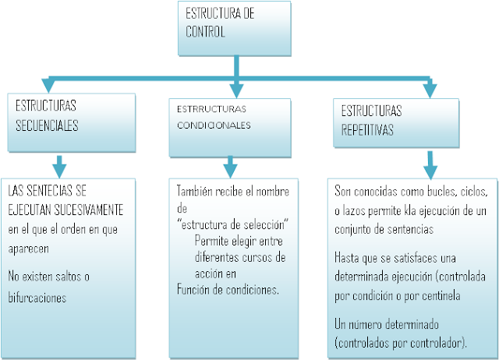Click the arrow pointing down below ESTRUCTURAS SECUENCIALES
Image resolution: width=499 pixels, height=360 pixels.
pyautogui.click(x=58, y=165)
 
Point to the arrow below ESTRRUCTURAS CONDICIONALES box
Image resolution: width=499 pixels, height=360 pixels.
pyautogui.click(x=229, y=166)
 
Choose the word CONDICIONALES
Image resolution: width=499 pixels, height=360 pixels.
pyautogui.click(x=213, y=125)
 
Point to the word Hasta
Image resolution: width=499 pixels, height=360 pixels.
pyautogui.click(x=346, y=256)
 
